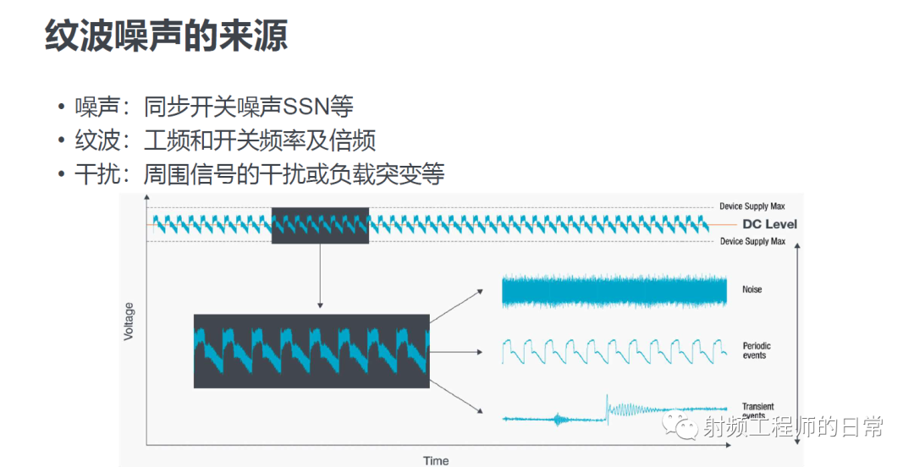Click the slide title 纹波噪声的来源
(x=166, y=36)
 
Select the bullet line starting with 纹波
(x=225, y=140)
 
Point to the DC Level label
(x=769, y=224)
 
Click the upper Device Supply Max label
(x=752, y=206)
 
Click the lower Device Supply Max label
(x=752, y=241)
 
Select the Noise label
(x=752, y=289)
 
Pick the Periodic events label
(x=757, y=350)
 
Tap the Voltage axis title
(x=129, y=321)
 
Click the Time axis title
(x=436, y=460)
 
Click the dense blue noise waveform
(x=614, y=291)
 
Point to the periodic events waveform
(x=614, y=351)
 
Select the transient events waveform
(x=614, y=410)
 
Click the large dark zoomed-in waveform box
(x=311, y=351)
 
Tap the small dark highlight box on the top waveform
(x=320, y=225)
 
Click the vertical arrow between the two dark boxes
(x=320, y=276)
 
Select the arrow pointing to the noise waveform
(x=456, y=306)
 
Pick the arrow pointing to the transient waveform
(x=456, y=397)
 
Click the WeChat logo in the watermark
(x=680, y=426)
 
